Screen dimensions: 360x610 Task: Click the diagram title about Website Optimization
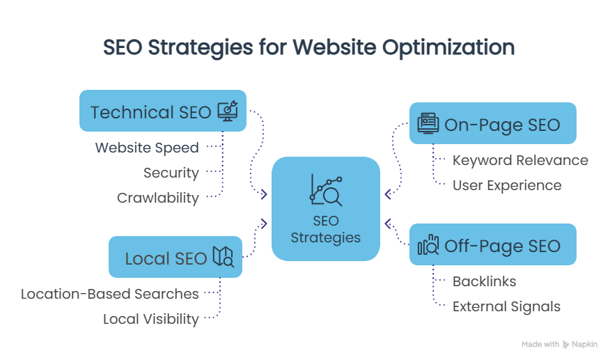pyautogui.click(x=308, y=47)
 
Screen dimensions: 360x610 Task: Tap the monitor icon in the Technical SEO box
pyautogui.click(x=228, y=111)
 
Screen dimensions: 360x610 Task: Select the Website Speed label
pyautogui.click(x=147, y=148)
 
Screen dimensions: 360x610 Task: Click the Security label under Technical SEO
pyautogui.click(x=171, y=173)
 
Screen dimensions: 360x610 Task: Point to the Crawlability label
pyautogui.click(x=158, y=198)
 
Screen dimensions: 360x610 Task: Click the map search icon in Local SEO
pyautogui.click(x=224, y=258)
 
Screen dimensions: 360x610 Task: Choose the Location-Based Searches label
pyautogui.click(x=110, y=294)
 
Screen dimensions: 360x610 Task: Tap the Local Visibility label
pyautogui.click(x=151, y=319)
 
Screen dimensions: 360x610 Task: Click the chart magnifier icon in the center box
pyautogui.click(x=325, y=189)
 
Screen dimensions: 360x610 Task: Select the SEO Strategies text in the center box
pyautogui.click(x=326, y=230)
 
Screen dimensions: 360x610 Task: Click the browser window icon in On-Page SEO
pyautogui.click(x=428, y=123)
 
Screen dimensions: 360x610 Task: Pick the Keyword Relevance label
pyautogui.click(x=520, y=160)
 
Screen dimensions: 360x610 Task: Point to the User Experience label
pyautogui.click(x=507, y=185)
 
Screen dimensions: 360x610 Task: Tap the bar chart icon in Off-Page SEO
pyautogui.click(x=428, y=245)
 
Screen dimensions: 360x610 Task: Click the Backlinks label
pyautogui.click(x=485, y=281)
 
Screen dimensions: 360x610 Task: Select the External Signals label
pyautogui.click(x=506, y=306)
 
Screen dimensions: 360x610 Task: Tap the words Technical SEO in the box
pyautogui.click(x=151, y=111)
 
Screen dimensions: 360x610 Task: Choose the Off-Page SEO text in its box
pyautogui.click(x=502, y=245)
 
